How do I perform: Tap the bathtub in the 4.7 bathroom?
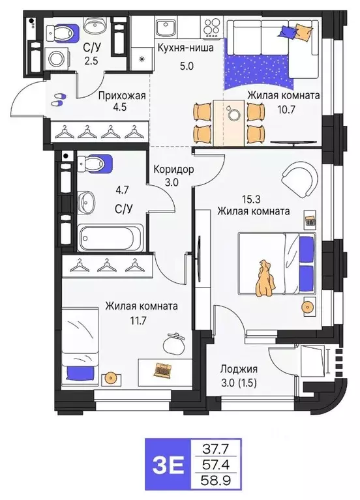pyautogui.click(x=111, y=238)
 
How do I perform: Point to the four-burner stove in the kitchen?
pyautogui.click(x=211, y=27)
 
